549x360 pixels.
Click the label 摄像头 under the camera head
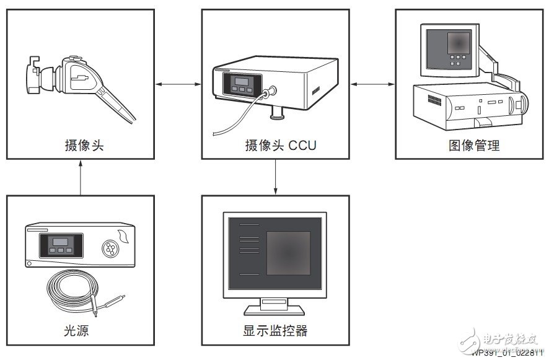[x=83, y=146]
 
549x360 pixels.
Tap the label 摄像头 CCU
[x=280, y=146]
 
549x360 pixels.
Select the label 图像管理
[x=474, y=146]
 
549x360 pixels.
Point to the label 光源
[x=76, y=331]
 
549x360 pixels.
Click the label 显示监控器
[x=275, y=331]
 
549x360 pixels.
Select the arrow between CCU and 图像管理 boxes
[x=372, y=84]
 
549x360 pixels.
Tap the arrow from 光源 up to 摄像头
[x=81, y=178]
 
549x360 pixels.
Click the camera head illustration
[x=81, y=84]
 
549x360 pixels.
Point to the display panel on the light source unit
[x=57, y=245]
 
